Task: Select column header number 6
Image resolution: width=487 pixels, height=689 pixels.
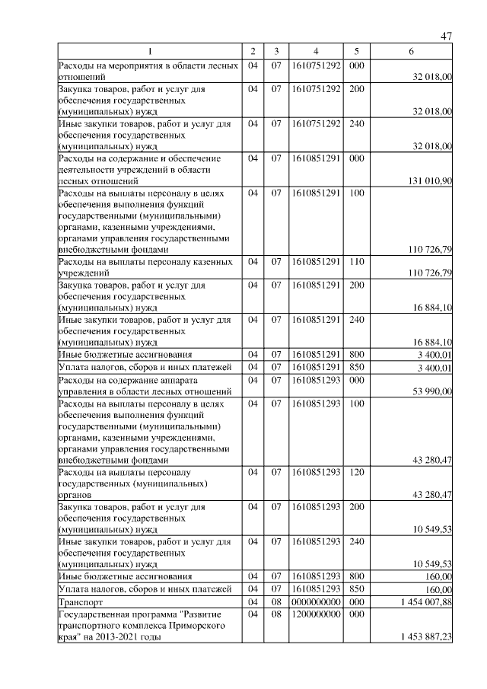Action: pos(411,51)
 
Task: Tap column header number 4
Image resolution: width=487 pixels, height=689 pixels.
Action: pos(315,51)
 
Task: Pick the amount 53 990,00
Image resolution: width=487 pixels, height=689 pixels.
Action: pos(432,391)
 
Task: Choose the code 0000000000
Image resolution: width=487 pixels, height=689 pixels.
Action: pos(315,601)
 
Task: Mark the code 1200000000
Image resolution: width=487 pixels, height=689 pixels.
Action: pos(315,614)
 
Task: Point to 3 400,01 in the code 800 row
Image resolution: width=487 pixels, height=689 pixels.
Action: pos(432,355)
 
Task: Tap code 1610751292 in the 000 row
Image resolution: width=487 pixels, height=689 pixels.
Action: pos(315,65)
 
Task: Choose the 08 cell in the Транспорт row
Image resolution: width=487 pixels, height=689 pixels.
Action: pos(276,601)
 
